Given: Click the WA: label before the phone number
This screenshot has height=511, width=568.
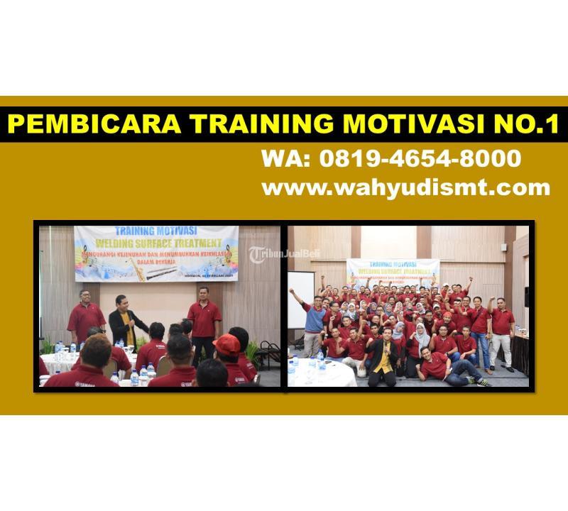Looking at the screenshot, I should point(283,158).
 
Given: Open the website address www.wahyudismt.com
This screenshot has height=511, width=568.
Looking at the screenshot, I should point(405,187).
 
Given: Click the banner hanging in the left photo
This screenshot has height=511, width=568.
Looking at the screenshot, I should point(146,253).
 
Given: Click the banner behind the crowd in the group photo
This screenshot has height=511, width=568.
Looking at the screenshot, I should point(393,273).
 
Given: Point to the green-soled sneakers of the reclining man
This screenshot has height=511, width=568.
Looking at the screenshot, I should point(483,383).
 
